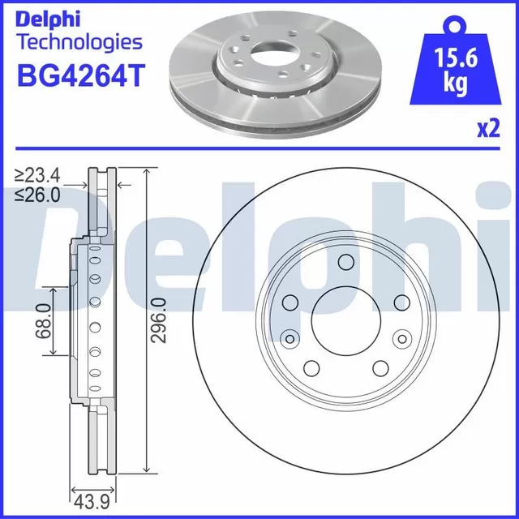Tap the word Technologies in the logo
click(79, 42)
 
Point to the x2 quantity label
click(487, 129)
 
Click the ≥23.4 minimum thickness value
click(37, 174)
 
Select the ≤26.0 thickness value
click(37, 194)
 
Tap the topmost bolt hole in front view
click(345, 262)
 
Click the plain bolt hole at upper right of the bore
click(401, 302)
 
